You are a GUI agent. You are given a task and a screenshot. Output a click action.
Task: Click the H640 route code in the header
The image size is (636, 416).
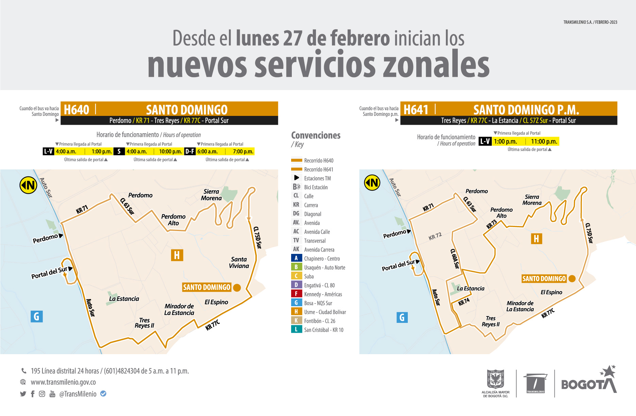coord(77,110)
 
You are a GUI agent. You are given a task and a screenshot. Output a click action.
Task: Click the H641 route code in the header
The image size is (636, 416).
coord(416,110)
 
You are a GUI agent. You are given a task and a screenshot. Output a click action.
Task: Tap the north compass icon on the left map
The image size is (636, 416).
coord(28,185)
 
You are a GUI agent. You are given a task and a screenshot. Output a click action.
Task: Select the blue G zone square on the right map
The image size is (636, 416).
coord(402,317)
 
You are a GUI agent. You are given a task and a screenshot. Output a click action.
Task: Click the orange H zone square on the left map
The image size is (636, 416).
coord(177,255)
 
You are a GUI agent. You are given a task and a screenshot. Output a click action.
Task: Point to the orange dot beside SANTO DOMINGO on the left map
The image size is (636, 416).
coord(237,288)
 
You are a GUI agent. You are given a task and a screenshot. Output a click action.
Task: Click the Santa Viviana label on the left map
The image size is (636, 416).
coord(239,262)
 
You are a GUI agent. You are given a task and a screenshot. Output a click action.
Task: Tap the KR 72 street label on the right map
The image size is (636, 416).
coord(435,236)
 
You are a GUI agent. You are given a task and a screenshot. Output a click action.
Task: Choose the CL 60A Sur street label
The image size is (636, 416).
coord(455,258)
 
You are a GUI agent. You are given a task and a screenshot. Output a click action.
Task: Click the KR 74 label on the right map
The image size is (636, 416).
coord(464,302)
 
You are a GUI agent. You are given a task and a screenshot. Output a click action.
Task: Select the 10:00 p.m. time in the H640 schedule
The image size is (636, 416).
coord(170,152)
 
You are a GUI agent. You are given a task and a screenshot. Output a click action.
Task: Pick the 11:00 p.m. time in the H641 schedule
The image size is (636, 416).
coord(544,141)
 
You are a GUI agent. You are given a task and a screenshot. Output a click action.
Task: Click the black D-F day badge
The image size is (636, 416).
coord(190,152)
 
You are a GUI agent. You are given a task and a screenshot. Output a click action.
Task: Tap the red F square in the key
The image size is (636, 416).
coord(296,294)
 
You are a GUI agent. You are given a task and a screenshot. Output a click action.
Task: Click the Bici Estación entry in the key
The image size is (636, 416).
coord(316,187)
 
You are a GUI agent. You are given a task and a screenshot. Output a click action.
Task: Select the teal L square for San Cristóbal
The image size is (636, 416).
coord(296,329)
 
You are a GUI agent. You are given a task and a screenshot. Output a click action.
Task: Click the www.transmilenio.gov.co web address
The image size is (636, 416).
coord(63,382)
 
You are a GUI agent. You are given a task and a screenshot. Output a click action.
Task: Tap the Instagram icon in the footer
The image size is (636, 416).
coord(42,394)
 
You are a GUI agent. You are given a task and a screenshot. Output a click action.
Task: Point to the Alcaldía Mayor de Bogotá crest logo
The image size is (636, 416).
coord(495,380)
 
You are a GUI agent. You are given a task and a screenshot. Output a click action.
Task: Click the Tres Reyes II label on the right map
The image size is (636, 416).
coord(490,321)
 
